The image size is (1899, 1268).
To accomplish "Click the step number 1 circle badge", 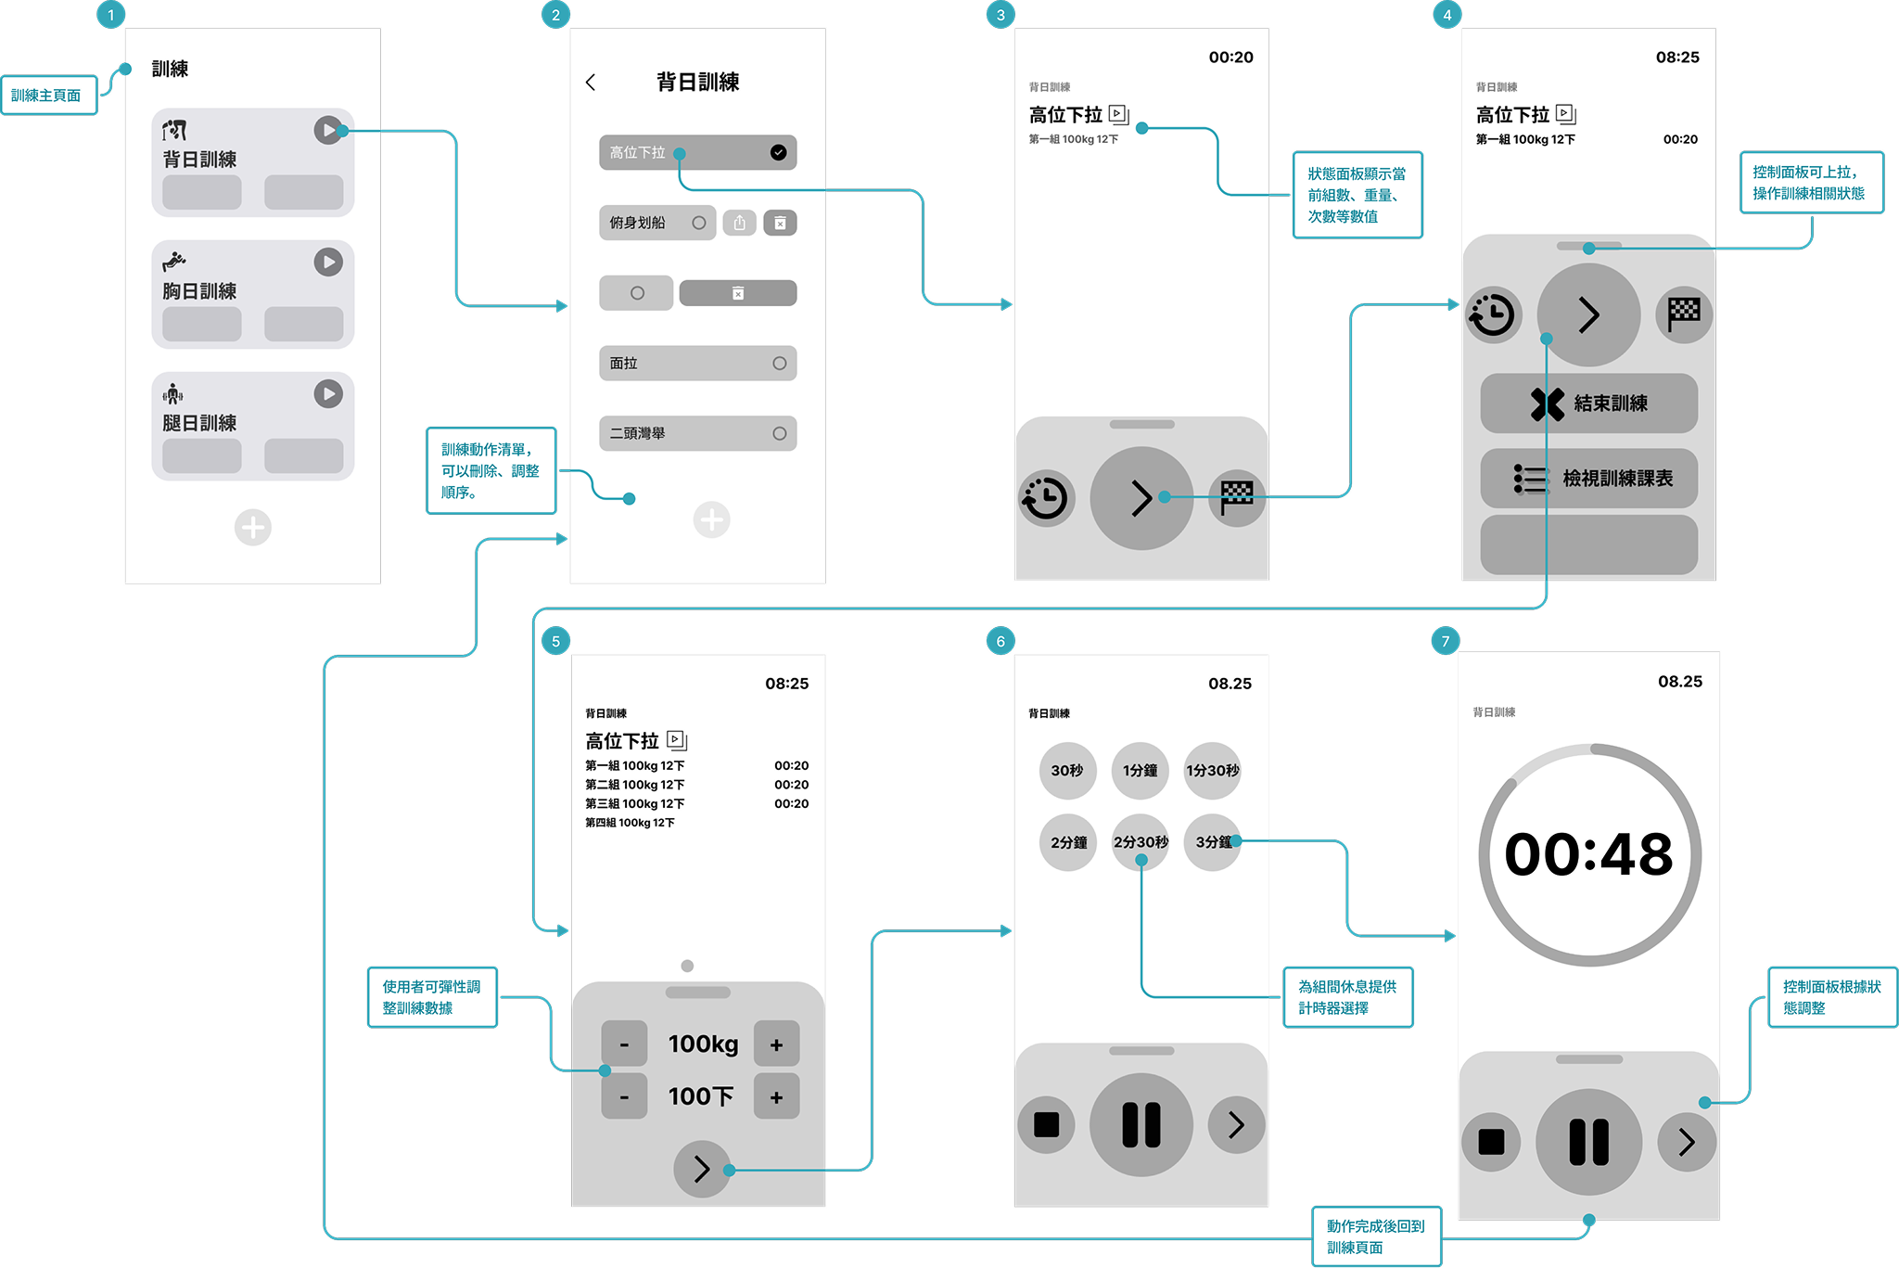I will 110,15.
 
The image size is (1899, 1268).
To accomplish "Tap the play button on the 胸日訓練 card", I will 328,263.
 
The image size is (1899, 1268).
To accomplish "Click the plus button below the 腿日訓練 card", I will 252,528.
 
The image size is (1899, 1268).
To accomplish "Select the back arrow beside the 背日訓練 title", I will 591,83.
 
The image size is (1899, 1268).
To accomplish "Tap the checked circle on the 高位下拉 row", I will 778,152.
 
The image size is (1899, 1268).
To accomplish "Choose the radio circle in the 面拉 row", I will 779,364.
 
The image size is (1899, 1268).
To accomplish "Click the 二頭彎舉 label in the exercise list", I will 638,433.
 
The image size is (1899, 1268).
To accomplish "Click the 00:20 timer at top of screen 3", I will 1230,58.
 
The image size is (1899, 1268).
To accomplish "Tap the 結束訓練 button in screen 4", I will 1588,403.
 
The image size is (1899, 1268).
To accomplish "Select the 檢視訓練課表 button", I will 1588,479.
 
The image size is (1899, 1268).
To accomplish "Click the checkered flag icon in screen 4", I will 1684,314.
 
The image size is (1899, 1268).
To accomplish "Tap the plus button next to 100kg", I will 776,1044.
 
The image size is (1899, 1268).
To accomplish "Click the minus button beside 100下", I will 624,1096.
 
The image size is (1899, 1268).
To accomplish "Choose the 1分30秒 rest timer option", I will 1212,770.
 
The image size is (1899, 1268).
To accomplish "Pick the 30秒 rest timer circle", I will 1067,770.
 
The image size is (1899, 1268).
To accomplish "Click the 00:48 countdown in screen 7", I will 1588,854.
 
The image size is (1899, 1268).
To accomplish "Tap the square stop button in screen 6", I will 1046,1124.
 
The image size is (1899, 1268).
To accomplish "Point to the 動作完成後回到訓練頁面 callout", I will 1376,1236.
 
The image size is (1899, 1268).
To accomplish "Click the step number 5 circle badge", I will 555,641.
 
